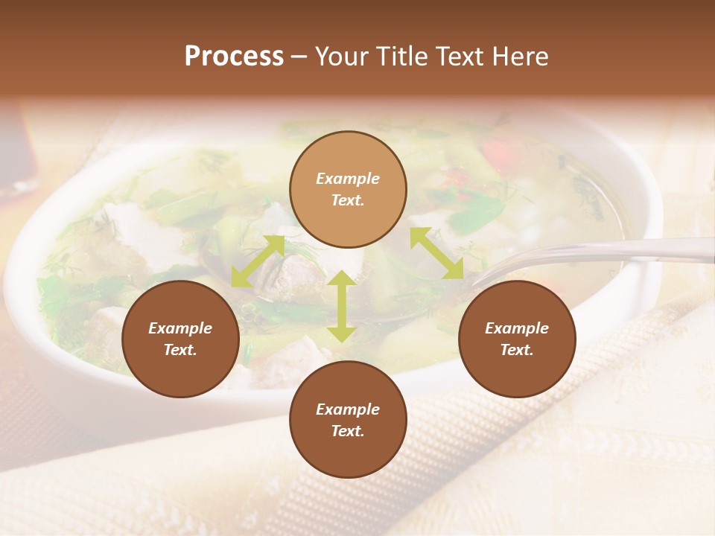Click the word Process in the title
234,57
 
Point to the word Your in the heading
340,57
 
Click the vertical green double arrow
341,306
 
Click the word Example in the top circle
348,179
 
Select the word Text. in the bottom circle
348,431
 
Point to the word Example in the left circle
180,328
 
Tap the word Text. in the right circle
516,350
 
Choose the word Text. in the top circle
348,200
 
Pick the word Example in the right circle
516,328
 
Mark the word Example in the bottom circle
348,409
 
